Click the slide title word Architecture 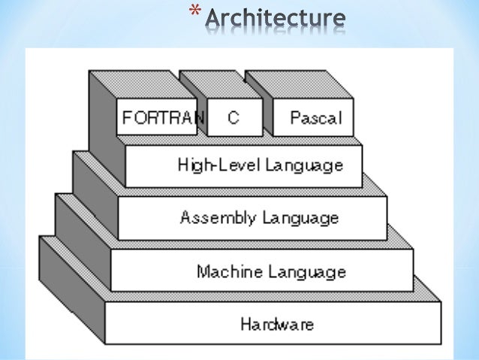pyautogui.click(x=277, y=20)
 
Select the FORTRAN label pyautogui.click(x=157, y=118)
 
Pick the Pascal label pyautogui.click(x=315, y=118)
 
